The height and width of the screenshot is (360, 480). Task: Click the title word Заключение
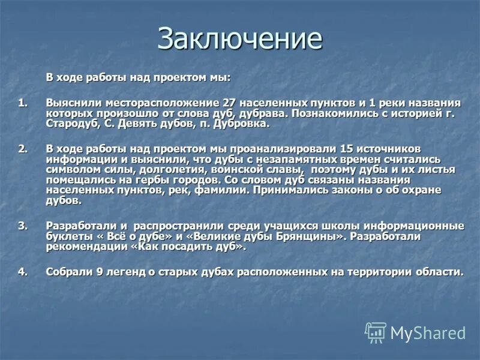(240, 39)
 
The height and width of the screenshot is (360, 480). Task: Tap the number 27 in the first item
(229, 103)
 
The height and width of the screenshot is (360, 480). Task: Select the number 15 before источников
(346, 148)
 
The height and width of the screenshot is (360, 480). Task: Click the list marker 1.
(22, 103)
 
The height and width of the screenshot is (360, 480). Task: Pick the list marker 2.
(22, 148)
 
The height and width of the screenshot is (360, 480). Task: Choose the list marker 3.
(22, 226)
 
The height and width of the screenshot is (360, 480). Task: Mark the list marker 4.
(22, 272)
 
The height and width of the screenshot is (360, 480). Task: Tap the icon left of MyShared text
(376, 332)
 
